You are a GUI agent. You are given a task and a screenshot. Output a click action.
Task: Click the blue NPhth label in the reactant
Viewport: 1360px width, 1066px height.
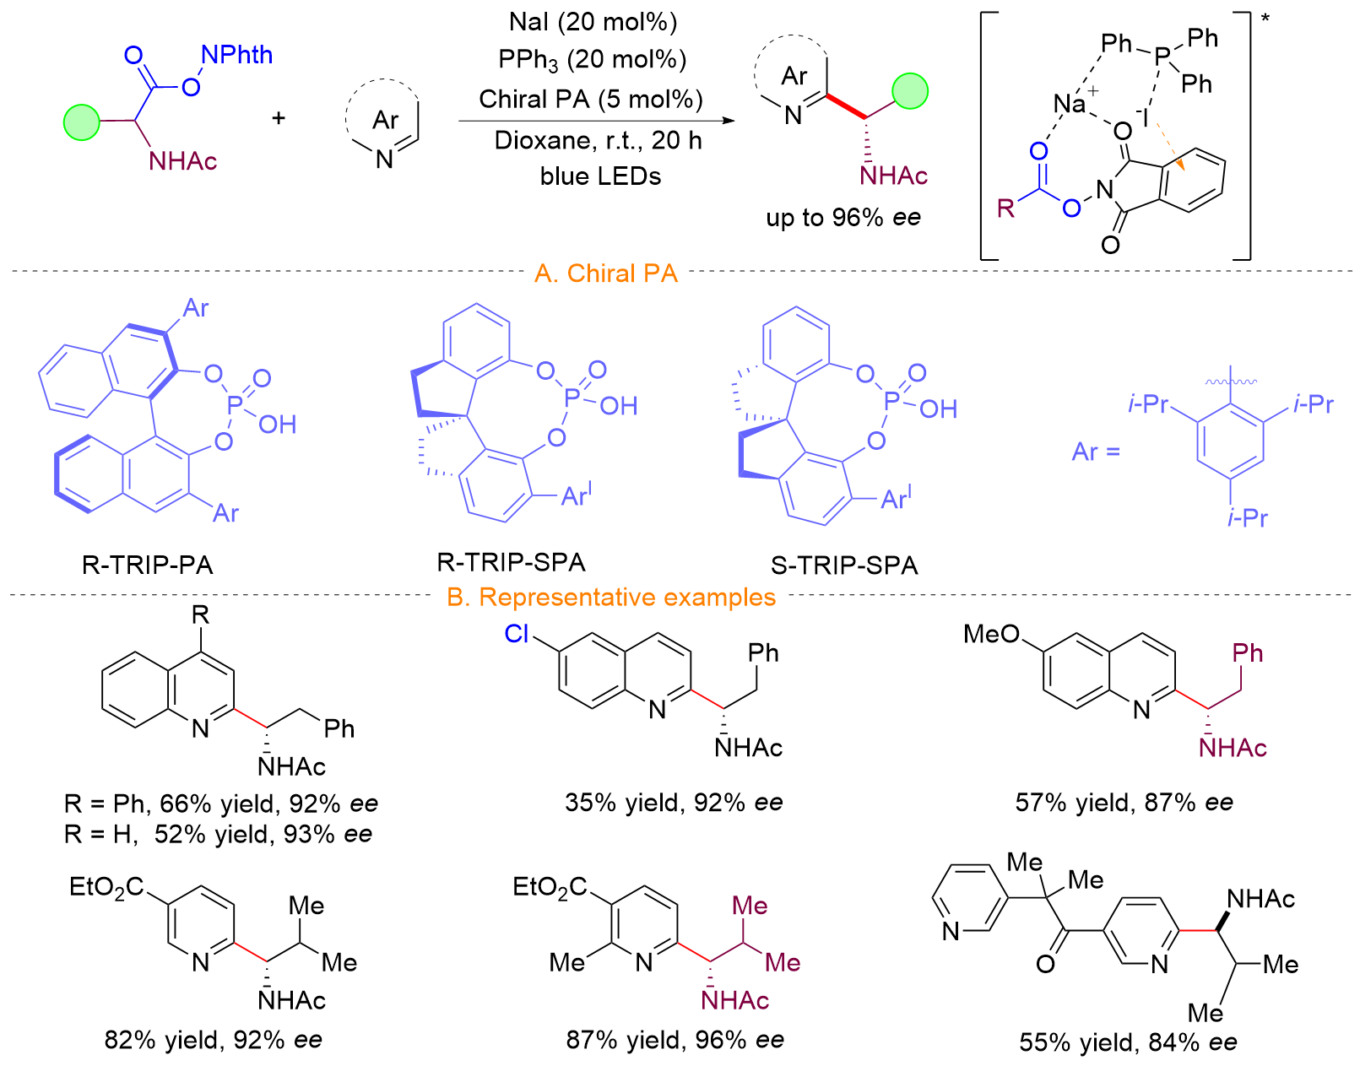pyautogui.click(x=236, y=55)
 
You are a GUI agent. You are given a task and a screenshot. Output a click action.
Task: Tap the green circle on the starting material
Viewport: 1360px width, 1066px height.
pyautogui.click(x=82, y=122)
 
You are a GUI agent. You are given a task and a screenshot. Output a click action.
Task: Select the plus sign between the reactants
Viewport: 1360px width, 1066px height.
pyautogui.click(x=279, y=118)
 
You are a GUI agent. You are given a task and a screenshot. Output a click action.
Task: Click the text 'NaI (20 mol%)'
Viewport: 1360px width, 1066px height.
pyautogui.click(x=593, y=22)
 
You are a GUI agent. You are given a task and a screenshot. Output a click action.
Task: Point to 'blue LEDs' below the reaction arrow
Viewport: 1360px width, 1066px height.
pyautogui.click(x=600, y=176)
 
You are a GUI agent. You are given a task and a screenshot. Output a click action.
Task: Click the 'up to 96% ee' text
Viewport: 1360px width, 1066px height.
pyautogui.click(x=843, y=218)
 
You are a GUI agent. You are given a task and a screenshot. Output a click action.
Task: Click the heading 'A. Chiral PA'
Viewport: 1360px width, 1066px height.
pyautogui.click(x=606, y=273)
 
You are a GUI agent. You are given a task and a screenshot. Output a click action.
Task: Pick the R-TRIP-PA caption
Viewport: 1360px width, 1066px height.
pyautogui.click(x=148, y=565)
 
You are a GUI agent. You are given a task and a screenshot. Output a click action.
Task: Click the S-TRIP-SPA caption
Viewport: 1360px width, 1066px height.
pyautogui.click(x=844, y=565)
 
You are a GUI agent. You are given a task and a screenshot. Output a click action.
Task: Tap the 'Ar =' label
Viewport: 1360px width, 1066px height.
pyautogui.click(x=1096, y=452)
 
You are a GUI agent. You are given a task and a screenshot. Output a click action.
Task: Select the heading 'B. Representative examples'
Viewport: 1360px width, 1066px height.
pyautogui.click(x=610, y=598)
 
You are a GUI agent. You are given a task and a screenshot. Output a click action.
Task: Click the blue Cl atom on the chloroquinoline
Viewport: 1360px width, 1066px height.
pyautogui.click(x=517, y=634)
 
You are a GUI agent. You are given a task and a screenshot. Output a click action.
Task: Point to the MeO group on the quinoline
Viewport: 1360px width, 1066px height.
pyautogui.click(x=992, y=634)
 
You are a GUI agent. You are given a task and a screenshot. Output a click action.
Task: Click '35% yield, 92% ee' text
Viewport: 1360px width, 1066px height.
pyautogui.click(x=674, y=803)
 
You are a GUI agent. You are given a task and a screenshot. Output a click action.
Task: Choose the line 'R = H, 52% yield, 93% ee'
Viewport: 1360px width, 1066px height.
pyautogui.click(x=218, y=835)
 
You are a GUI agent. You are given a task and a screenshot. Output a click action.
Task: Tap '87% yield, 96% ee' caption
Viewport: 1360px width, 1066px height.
pyautogui.click(x=675, y=1040)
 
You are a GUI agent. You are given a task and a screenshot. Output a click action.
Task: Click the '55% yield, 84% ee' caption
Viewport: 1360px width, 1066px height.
pyautogui.click(x=1128, y=1042)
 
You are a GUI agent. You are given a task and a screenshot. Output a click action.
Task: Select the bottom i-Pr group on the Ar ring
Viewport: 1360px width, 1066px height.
pyautogui.click(x=1248, y=517)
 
